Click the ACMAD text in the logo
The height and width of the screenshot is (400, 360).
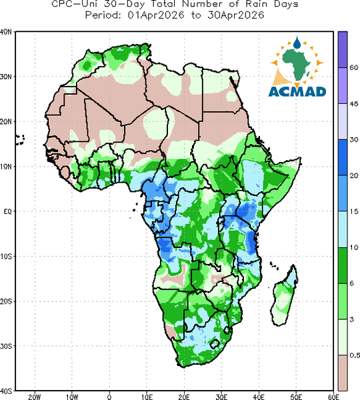click(x=297, y=91)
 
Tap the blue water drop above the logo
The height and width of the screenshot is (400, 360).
click(x=297, y=43)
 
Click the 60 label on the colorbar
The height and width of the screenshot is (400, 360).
click(x=353, y=67)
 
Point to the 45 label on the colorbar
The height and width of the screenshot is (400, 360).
click(x=353, y=104)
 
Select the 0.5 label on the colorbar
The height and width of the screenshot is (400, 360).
click(x=355, y=355)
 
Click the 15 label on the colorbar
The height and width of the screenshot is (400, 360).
click(x=353, y=211)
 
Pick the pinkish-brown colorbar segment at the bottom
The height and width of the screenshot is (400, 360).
click(x=343, y=373)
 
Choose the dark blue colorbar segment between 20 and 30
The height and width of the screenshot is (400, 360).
click(x=343, y=157)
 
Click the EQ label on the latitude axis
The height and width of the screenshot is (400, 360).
click(x=7, y=211)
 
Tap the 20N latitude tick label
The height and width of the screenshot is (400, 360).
click(x=6, y=122)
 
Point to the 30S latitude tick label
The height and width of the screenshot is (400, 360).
click(x=6, y=346)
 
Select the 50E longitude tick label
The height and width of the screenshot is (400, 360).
click(x=296, y=397)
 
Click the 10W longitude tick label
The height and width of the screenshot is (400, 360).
click(x=72, y=397)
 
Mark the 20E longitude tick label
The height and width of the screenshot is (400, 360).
click(x=184, y=397)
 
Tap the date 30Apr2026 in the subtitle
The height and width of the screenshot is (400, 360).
click(x=235, y=15)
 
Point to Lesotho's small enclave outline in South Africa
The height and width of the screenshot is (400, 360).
click(x=215, y=344)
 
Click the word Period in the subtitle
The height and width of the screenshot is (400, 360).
click(x=103, y=15)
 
